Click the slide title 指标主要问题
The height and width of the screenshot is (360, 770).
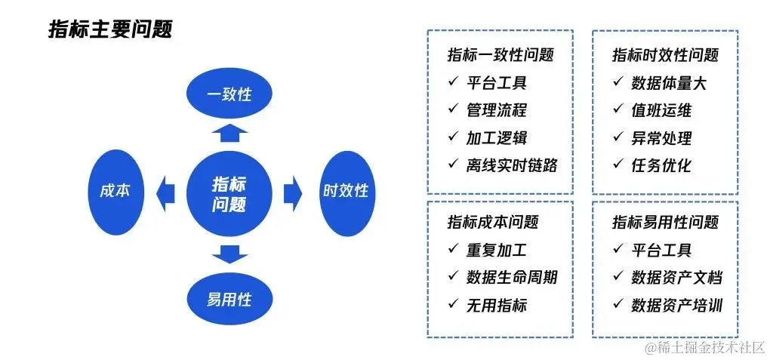point(110,29)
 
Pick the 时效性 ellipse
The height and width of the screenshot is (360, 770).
point(346,190)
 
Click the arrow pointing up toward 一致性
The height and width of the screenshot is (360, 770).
point(229,133)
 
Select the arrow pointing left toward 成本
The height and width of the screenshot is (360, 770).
point(165,193)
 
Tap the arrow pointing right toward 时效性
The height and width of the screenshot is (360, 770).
point(293,193)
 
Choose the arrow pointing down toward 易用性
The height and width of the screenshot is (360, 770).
point(229,254)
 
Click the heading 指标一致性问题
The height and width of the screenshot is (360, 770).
point(500,55)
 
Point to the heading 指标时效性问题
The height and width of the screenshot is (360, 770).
point(665,55)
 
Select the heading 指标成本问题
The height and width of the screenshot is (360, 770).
point(493,222)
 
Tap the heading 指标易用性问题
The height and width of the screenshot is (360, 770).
point(665,222)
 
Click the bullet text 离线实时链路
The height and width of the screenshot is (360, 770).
point(512,165)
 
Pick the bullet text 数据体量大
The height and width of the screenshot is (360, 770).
point(669,83)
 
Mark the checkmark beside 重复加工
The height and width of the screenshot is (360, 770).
point(453,249)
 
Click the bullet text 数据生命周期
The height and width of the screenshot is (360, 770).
point(512,277)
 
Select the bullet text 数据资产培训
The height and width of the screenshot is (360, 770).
point(676,305)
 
